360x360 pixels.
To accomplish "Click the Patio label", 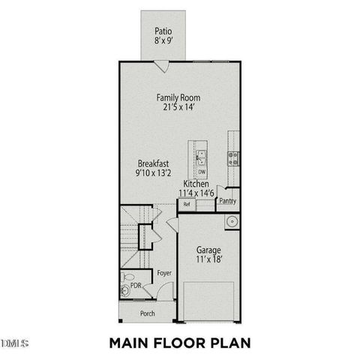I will tap(163, 31).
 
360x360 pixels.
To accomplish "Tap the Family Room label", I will tap(178, 97).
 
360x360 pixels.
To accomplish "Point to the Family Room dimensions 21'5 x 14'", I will tap(178, 108).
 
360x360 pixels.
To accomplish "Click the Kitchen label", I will tap(196, 184).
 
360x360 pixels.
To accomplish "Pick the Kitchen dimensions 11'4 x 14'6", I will tap(196, 193).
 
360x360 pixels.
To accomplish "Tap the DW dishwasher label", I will tap(202, 172).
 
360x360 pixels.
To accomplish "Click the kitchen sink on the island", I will tap(202, 157).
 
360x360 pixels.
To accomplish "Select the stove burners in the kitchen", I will tap(232, 157).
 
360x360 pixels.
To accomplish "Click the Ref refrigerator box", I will tap(187, 204).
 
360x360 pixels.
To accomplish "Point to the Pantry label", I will tap(227, 201).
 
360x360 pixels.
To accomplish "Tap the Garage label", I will tap(208, 250).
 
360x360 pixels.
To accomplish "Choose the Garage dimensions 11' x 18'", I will tap(208, 260).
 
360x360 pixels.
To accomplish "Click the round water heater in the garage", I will tap(232, 222).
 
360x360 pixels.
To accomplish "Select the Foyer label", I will tap(164, 274).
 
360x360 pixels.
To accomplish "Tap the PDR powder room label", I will tap(136, 286).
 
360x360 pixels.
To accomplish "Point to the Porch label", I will tap(148, 313).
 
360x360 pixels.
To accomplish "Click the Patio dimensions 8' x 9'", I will tap(163, 41).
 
